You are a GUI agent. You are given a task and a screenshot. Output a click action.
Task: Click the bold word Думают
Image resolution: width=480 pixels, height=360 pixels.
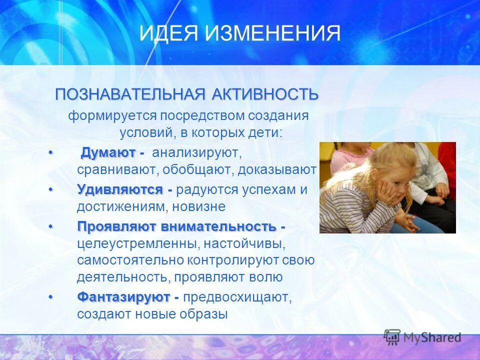tap(108, 152)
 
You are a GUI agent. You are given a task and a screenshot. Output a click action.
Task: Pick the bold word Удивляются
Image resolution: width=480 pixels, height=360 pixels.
tap(120, 190)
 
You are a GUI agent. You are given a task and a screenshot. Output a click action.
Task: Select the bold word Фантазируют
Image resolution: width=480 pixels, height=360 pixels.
tap(123, 297)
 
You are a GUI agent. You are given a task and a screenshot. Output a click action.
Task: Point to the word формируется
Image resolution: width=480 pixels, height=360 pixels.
tap(113, 116)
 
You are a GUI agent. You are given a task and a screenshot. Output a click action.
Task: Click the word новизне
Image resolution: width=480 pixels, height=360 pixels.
tap(202, 206)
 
